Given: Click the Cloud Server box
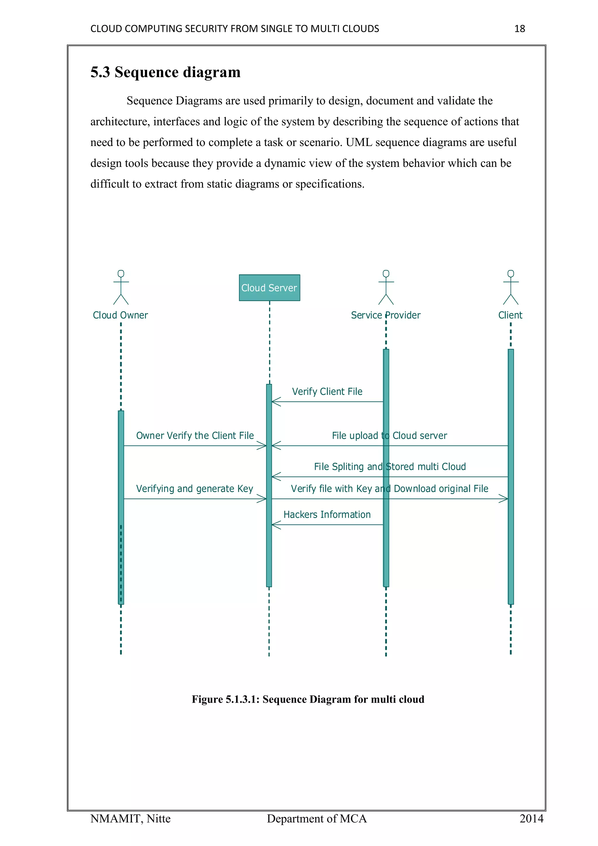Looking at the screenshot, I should pos(269,287).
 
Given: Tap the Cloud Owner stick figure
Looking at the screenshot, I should pos(121,287).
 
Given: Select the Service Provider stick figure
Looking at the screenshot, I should pos(386,287).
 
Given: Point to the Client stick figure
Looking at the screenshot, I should pos(510,287).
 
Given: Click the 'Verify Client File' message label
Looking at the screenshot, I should pos(327,391).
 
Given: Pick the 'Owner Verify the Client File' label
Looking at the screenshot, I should pos(195,436).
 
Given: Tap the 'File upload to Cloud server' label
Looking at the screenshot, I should pos(389,436).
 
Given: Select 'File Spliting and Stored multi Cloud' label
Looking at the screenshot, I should pos(390,467).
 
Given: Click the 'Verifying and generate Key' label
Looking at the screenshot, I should pos(194,489).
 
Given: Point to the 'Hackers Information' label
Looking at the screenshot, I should pos(327,514).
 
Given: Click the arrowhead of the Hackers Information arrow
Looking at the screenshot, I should pos(275,525).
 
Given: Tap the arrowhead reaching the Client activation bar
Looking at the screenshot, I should pos(504,499).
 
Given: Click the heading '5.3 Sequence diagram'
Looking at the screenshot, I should pos(165,72).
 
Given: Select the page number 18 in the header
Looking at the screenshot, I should pos(519,29).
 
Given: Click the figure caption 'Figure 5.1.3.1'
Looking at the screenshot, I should pos(308,699).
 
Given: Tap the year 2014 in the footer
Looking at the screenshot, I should pos(531,819).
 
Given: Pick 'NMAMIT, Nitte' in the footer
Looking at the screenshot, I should pos(130,819).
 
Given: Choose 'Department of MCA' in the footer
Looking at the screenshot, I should pos(317,819).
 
